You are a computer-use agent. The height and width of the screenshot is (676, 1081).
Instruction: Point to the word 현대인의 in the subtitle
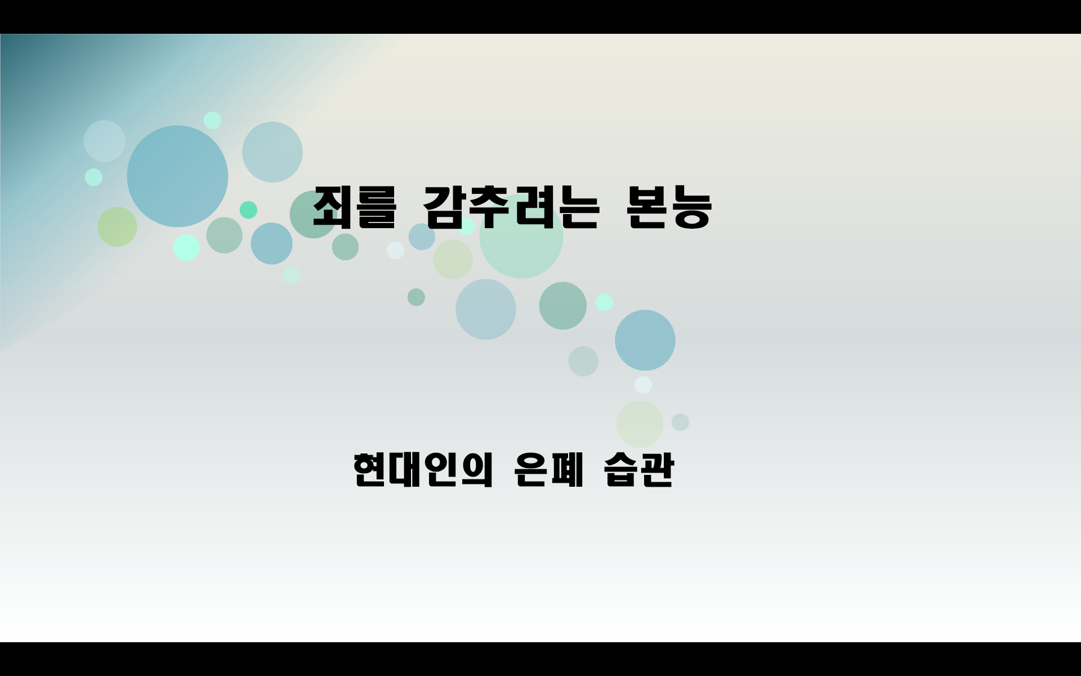(x=423, y=470)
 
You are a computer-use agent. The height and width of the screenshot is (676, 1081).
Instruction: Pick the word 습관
(x=639, y=470)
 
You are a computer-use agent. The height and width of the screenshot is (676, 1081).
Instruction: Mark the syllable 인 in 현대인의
(x=441, y=470)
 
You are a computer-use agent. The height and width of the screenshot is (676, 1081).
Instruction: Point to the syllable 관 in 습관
(x=657, y=470)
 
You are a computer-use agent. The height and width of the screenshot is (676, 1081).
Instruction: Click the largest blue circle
(x=177, y=176)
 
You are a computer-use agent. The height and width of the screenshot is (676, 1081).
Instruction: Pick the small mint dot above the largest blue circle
(x=212, y=120)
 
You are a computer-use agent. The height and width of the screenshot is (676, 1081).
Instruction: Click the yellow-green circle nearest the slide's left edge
(x=117, y=226)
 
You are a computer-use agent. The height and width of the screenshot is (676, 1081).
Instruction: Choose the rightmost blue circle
(x=645, y=340)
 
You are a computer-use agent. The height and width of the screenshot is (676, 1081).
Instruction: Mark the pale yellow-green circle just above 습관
(x=640, y=424)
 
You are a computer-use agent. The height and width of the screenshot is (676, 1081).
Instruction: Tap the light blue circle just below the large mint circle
(x=485, y=309)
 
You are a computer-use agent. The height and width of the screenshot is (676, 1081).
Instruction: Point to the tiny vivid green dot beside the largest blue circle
(x=248, y=210)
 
